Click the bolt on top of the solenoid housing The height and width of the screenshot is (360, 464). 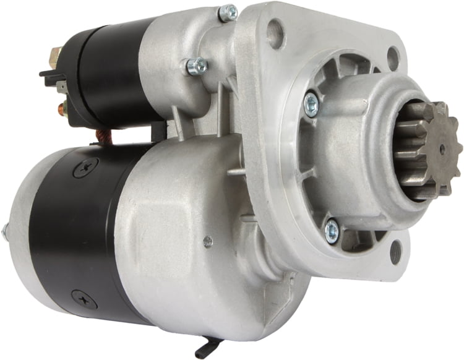pyautogui.click(x=228, y=12)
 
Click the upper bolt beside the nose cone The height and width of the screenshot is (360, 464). pyautogui.click(x=311, y=103)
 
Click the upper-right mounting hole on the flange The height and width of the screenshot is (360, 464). pyautogui.click(x=393, y=58)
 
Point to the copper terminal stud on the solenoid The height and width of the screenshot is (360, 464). pyautogui.click(x=61, y=110)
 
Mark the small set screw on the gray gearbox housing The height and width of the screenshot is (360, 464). pyautogui.click(x=208, y=242)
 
